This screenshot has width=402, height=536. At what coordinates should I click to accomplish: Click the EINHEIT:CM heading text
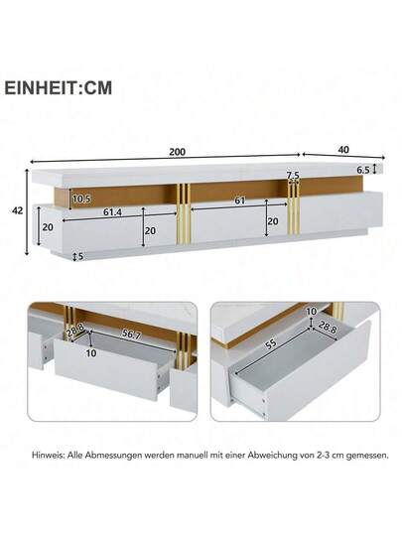pos(59,88)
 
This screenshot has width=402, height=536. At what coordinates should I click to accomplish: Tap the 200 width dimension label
pos(178,152)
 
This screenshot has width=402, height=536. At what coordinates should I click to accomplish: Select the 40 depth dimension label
pos(343,150)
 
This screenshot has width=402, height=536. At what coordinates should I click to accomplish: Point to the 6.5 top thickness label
pos(363,170)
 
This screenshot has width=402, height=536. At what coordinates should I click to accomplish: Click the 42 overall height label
pos(18,210)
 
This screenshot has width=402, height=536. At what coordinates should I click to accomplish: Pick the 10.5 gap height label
pos(81,199)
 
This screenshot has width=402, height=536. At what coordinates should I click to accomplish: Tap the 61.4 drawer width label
pos(113,212)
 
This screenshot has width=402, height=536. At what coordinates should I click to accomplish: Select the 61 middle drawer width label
pos(240,201)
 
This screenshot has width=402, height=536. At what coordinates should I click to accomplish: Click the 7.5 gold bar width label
pos(293,176)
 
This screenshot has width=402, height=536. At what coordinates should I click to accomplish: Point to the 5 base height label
pos(81,256)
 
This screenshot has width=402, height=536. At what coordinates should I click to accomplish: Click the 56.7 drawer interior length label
pos(131,335)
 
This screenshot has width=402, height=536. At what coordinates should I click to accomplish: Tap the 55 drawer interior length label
pos(271,344)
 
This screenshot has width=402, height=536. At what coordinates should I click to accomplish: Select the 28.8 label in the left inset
pos(75,331)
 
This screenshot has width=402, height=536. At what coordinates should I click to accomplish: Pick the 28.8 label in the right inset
pos(328,328)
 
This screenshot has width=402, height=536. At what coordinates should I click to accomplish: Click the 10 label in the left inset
pos(91,352)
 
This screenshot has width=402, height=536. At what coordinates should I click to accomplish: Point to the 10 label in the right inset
pos(311,312)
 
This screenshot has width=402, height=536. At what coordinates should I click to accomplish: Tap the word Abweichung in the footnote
pos(272,456)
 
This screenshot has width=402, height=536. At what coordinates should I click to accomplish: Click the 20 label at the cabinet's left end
pos(48,227)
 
